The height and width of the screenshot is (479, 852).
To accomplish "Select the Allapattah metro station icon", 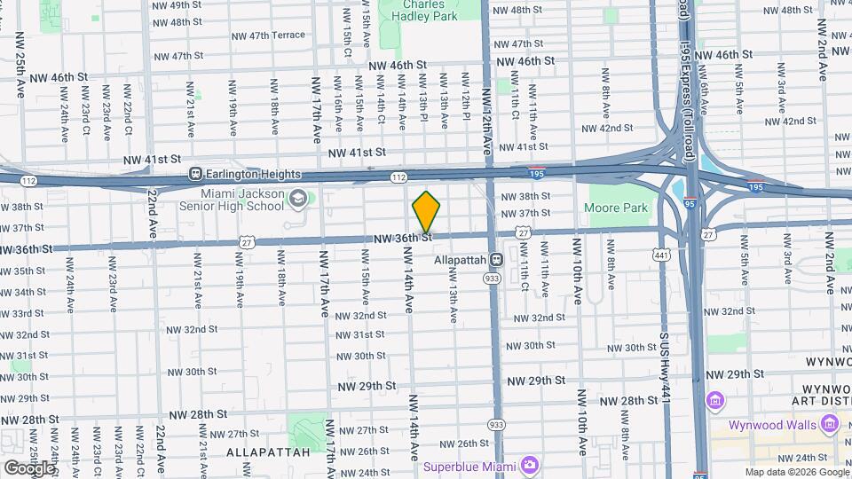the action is point(496,260).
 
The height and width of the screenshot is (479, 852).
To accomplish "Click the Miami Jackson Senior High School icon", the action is point(298,199).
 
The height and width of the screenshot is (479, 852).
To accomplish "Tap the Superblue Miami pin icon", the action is point(530,465).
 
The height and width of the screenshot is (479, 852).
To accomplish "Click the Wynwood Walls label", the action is point(772,425).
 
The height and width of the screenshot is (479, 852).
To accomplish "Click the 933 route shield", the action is point(492,278).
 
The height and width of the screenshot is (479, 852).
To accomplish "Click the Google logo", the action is point(29,467).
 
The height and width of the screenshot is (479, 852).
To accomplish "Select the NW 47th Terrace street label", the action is point(268,35).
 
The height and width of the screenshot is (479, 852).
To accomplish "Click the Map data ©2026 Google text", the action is point(797,472).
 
